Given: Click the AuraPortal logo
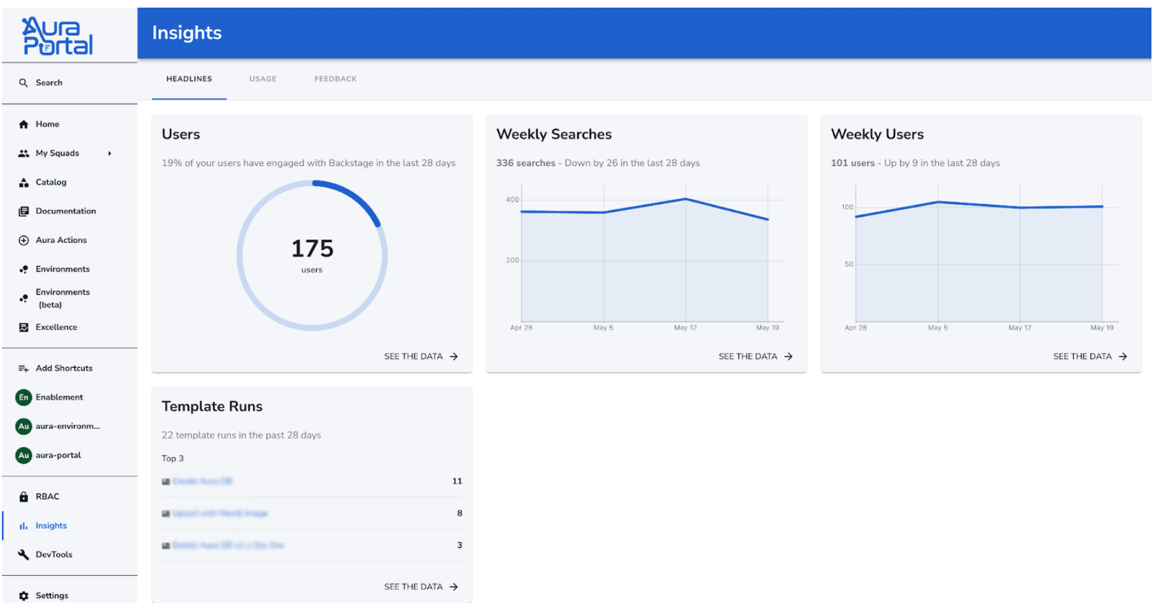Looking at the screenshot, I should pyautogui.click(x=57, y=36).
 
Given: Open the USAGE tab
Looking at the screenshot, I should pyautogui.click(x=263, y=79).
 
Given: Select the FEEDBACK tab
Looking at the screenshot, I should pyautogui.click(x=335, y=79).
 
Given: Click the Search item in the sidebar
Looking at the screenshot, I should pyautogui.click(x=48, y=83).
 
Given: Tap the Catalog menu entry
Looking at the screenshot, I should pyautogui.click(x=51, y=182).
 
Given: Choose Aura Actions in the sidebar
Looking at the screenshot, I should pyautogui.click(x=61, y=240).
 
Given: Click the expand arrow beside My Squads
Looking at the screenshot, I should pyautogui.click(x=109, y=153).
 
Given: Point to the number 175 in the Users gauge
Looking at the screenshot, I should pyautogui.click(x=312, y=248).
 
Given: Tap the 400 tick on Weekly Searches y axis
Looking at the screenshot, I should pyautogui.click(x=512, y=200).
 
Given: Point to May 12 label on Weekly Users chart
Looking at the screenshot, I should pyautogui.click(x=1020, y=328).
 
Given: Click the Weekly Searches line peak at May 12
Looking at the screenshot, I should pyautogui.click(x=686, y=199).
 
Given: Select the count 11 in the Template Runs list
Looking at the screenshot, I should pyautogui.click(x=457, y=481).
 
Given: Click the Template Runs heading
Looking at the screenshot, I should pyautogui.click(x=212, y=406).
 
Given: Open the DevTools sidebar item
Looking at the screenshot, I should pyautogui.click(x=53, y=555).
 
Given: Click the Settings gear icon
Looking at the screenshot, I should pyautogui.click(x=24, y=595).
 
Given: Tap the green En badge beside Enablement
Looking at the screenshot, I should pyautogui.click(x=24, y=397).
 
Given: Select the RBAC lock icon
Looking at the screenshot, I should pyautogui.click(x=24, y=497).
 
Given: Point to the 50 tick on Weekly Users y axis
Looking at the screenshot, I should pyautogui.click(x=848, y=264).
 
